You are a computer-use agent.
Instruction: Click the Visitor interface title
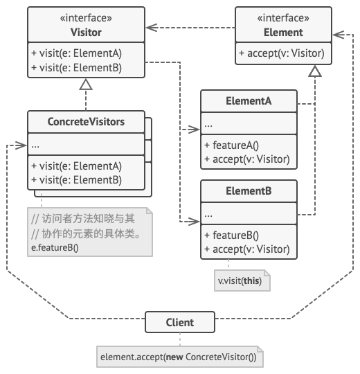pyautogui.click(x=86, y=33)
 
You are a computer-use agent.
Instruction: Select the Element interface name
pyautogui.click(x=283, y=33)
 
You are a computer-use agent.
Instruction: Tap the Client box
pyautogui.click(x=180, y=322)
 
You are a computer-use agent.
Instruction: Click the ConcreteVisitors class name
pyautogui.click(x=86, y=122)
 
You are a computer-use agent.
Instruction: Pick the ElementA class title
pyautogui.click(x=249, y=101)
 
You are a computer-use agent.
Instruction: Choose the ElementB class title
pyautogui.click(x=249, y=191)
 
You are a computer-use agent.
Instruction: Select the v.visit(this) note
pyautogui.click(x=242, y=280)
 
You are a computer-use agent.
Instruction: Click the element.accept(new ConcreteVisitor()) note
pyautogui.click(x=180, y=357)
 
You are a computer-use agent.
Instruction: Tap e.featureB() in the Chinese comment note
pyautogui.click(x=55, y=247)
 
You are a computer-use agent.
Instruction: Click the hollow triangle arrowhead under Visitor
pyautogui.click(x=86, y=84)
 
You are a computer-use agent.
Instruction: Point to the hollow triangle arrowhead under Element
pyautogui.click(x=315, y=71)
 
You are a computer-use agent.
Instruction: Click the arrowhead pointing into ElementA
pyautogui.click(x=194, y=130)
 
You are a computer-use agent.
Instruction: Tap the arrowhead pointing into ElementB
pyautogui.click(x=194, y=222)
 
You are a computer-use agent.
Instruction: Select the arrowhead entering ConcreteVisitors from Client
pyautogui.click(x=21, y=145)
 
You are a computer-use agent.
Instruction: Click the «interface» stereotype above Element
pyautogui.click(x=283, y=18)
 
